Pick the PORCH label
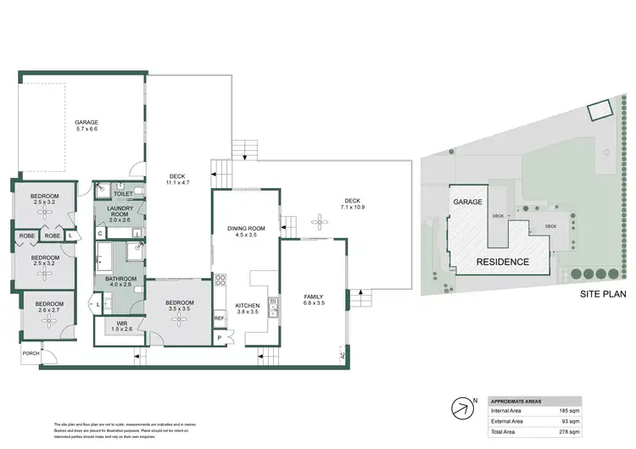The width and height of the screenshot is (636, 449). tap(30, 353)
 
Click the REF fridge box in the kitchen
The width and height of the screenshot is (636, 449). tap(218, 319)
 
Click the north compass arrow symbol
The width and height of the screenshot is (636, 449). tap(462, 408)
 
